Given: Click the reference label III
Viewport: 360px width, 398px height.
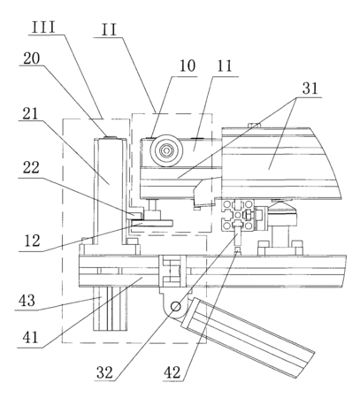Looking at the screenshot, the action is [x=43, y=27].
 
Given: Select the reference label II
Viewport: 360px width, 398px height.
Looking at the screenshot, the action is [x=109, y=30].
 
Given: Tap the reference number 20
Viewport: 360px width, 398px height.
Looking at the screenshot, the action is [x=32, y=58].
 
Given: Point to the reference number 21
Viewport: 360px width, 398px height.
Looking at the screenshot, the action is [x=30, y=113].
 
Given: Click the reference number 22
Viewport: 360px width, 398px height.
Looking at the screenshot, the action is [x=31, y=168].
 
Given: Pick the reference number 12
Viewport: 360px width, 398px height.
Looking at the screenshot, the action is [x=32, y=241].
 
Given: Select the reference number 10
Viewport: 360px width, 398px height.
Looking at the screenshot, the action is [x=188, y=65].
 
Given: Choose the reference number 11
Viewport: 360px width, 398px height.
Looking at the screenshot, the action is [x=225, y=66].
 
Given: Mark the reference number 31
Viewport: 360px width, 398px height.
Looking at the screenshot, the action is [x=310, y=88].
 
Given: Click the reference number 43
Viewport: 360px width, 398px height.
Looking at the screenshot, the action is [x=27, y=301].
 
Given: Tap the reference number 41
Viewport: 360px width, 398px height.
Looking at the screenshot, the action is [x=31, y=337].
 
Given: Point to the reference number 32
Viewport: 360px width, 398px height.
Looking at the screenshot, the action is [x=104, y=372].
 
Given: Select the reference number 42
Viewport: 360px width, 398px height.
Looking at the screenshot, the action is [x=172, y=372].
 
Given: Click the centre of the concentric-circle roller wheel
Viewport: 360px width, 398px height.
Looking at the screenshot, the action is [x=166, y=150].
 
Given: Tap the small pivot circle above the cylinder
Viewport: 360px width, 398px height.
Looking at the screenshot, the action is [x=176, y=307].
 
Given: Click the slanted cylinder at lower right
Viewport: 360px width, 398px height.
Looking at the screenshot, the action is [x=249, y=337].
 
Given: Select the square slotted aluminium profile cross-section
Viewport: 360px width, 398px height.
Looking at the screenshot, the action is [x=239, y=215].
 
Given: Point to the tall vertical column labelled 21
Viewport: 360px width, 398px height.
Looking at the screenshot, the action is [x=110, y=191].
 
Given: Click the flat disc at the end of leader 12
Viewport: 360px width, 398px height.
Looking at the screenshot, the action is [x=152, y=223].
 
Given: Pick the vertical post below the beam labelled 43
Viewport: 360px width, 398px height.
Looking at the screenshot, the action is [x=111, y=309].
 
